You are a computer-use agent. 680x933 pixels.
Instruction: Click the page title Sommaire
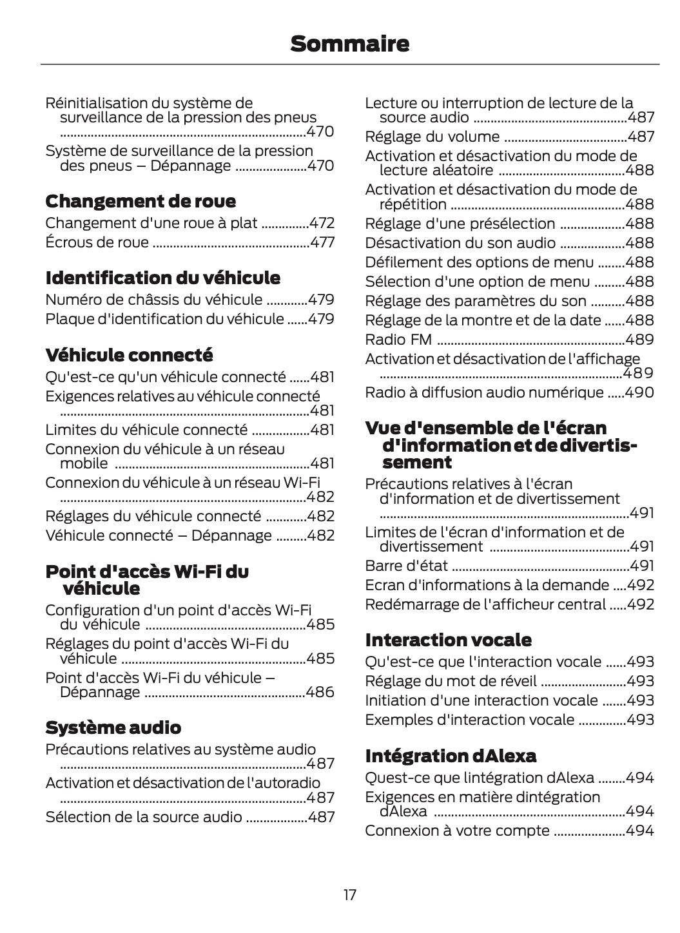349,44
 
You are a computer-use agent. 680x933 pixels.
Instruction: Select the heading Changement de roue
141,201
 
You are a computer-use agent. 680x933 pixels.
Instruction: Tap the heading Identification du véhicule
162,278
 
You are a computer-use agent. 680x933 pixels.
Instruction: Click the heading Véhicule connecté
129,355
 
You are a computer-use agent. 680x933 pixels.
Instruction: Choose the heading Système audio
113,727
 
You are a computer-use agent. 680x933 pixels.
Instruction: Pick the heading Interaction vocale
448,640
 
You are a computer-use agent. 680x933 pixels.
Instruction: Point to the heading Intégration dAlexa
451,755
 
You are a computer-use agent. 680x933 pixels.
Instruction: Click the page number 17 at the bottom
349,895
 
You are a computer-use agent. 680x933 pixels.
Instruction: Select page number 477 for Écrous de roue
322,243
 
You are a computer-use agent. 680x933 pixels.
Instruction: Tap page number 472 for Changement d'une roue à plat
322,224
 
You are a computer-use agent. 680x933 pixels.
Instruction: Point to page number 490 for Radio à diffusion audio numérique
639,392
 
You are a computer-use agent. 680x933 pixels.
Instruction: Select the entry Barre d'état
406,566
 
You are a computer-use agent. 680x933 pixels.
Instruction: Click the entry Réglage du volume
432,137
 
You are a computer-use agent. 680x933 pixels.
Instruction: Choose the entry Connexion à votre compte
457,831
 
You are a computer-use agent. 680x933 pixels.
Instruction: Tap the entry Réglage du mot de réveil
450,681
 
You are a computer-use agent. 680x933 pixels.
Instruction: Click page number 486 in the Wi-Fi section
320,693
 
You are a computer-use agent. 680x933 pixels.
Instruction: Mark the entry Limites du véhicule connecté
146,430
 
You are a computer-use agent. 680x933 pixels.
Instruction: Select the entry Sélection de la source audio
144,817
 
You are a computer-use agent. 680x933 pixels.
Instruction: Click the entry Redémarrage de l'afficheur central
485,604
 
